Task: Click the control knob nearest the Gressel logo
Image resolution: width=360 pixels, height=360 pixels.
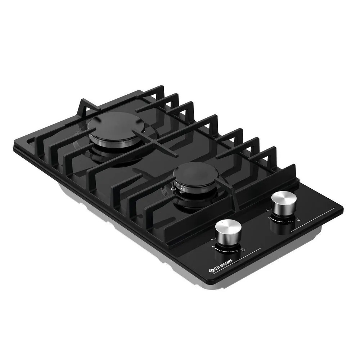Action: coord(229,232)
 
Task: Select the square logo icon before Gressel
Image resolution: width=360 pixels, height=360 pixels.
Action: coord(211,271)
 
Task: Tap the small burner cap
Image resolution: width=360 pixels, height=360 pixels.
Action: coord(195,173)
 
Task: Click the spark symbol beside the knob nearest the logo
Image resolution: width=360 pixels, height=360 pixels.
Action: coord(212,239)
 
